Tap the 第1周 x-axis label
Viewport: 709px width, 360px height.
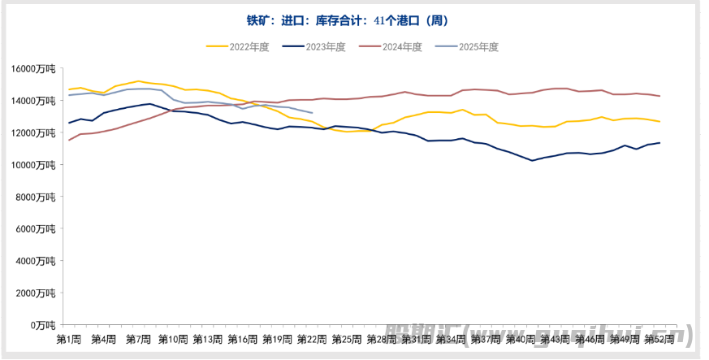(x=68, y=338)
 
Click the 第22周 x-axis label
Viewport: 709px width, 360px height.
(x=312, y=338)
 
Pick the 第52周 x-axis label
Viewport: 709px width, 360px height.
(x=659, y=338)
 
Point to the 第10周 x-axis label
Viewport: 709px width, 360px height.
(x=173, y=338)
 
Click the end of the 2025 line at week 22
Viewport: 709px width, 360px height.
(x=313, y=113)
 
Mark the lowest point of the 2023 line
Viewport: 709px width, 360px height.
(x=533, y=161)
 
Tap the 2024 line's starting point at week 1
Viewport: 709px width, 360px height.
(x=69, y=140)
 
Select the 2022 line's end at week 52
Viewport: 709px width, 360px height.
(x=659, y=122)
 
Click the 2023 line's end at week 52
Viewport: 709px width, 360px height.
(x=659, y=143)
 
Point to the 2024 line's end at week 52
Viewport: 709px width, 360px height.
(x=659, y=96)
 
